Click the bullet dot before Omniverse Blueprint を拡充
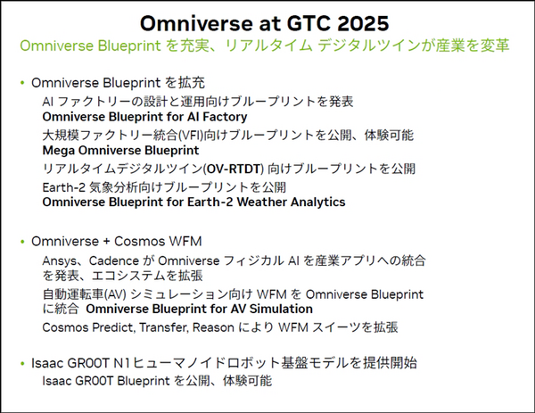click(21, 83)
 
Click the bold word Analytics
click(316, 202)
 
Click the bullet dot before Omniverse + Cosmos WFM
click(21, 242)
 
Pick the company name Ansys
click(60, 260)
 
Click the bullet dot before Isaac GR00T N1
click(21, 364)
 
